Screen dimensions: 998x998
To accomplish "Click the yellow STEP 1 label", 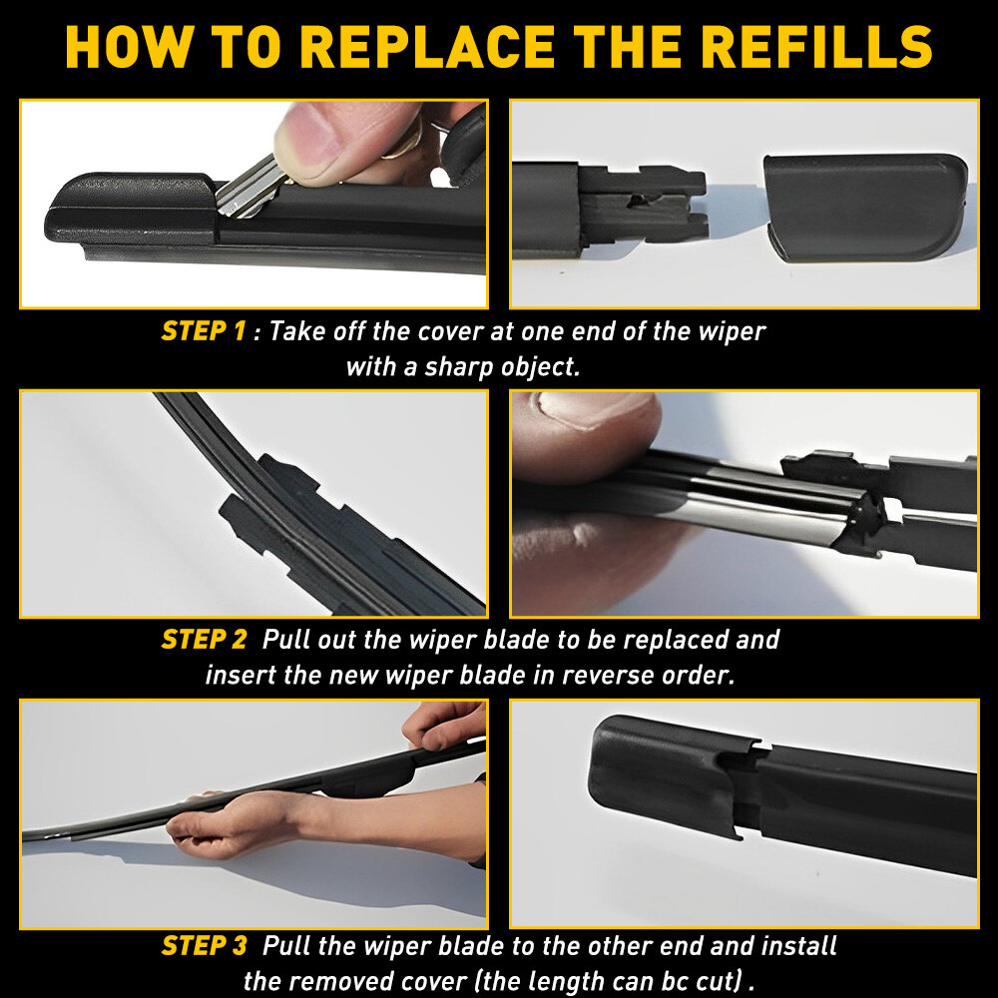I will coord(203,331).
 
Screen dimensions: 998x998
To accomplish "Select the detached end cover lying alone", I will coord(863,205).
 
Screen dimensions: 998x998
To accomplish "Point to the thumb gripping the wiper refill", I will coord(589,429).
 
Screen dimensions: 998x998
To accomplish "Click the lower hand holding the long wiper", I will coord(240,823).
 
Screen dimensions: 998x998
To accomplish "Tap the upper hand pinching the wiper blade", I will coord(444,724).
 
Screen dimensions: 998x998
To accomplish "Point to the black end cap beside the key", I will coord(130,210).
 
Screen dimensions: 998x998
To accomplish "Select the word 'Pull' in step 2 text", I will coord(285,640).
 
